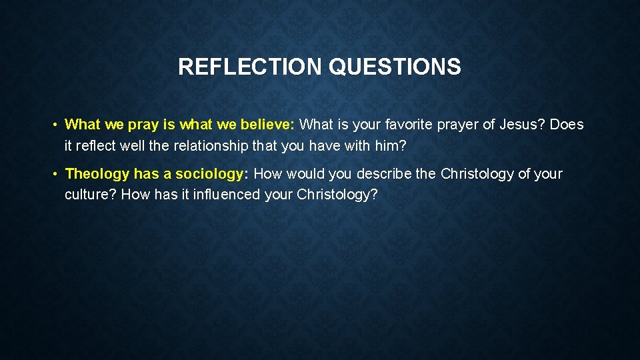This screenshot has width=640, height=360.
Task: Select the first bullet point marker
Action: (58, 125)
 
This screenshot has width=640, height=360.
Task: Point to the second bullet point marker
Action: (58, 174)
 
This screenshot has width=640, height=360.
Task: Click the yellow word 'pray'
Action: (142, 125)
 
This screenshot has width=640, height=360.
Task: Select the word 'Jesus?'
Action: (524, 125)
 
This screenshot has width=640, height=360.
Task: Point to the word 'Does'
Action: (567, 125)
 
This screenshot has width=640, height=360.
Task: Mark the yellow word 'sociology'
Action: (209, 175)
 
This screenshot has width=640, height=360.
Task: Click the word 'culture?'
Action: (90, 195)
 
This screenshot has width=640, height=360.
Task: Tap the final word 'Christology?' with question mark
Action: (341, 195)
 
